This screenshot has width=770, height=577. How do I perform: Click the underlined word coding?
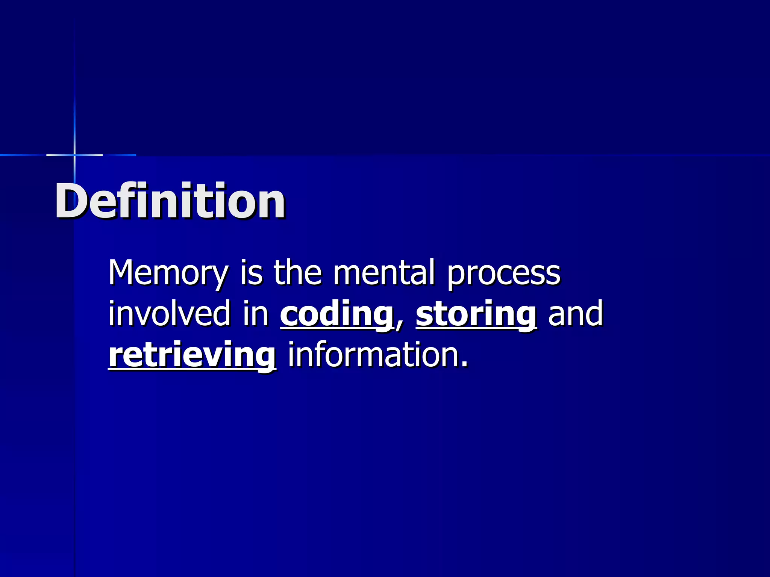click(x=336, y=315)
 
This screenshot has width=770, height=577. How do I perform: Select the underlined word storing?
click(x=476, y=315)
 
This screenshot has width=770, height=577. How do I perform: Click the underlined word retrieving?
click(x=192, y=356)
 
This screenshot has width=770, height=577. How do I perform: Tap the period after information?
click(x=465, y=364)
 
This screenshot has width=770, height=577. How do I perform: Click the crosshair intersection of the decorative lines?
click(x=74, y=155)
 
